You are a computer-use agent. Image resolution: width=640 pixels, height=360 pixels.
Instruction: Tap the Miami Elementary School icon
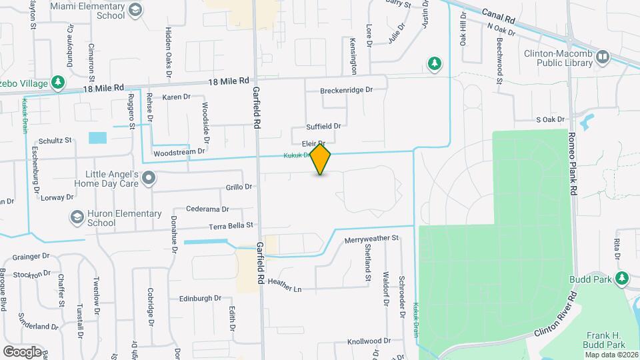pyautogui.click(x=136, y=10)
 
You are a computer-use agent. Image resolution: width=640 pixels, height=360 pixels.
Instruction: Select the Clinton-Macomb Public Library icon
pyautogui.click(x=603, y=57)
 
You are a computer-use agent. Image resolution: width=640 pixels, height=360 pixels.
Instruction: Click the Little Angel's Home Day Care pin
pyautogui.click(x=149, y=178)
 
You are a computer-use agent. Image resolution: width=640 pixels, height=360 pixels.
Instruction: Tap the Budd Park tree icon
pyautogui.click(x=622, y=277)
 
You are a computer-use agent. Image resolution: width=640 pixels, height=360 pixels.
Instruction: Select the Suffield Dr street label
pyautogui.click(x=323, y=126)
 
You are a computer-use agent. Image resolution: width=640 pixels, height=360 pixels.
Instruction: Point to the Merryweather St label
pyautogui.click(x=371, y=239)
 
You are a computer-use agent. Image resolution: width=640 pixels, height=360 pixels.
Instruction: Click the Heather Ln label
pyautogui.click(x=284, y=286)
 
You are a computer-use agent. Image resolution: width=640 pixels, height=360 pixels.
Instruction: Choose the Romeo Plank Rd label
pyautogui.click(x=571, y=163)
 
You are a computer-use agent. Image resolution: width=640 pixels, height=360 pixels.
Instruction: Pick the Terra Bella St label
pyautogui.click(x=231, y=226)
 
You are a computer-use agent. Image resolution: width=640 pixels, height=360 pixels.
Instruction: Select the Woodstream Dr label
pyautogui.click(x=179, y=153)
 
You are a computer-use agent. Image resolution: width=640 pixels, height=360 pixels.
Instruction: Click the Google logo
pyautogui.click(x=22, y=351)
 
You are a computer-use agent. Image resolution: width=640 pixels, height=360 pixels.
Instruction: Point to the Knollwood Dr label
pyautogui.click(x=369, y=341)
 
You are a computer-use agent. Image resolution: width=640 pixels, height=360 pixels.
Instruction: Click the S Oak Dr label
pyautogui.click(x=550, y=120)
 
